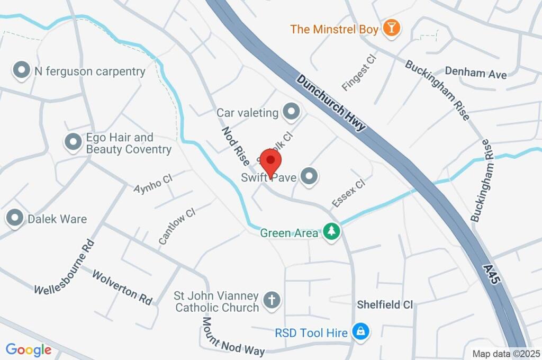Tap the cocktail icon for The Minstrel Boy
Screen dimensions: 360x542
click(x=391, y=28)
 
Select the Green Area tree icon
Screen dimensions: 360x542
click(x=331, y=232)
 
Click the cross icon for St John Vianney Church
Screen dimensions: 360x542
click(x=272, y=300)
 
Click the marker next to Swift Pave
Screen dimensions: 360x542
click(x=309, y=177)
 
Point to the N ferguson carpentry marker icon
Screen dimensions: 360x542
click(x=22, y=70)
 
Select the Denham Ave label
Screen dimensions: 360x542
click(x=475, y=73)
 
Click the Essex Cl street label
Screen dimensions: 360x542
click(x=348, y=193)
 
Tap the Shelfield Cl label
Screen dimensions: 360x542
click(x=384, y=304)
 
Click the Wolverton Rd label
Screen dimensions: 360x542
click(x=122, y=287)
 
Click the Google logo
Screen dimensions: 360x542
click(x=29, y=349)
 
